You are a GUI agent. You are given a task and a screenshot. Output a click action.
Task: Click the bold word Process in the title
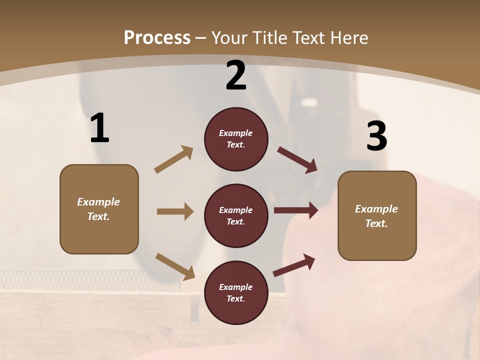click(157, 37)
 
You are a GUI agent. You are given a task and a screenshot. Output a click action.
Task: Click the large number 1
click(99, 128)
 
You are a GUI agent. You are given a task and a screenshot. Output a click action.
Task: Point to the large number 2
click(236, 76)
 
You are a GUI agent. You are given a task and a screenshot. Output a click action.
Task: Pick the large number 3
click(376, 136)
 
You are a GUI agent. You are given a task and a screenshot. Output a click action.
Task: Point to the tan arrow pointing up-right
click(173, 159)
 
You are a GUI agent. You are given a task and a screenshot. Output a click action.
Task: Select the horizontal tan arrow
click(175, 211)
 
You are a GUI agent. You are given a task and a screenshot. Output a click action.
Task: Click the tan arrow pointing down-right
click(175, 266)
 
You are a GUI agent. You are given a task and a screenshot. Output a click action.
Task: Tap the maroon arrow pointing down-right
click(297, 160)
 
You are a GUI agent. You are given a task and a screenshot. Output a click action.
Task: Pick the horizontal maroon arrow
click(296, 210)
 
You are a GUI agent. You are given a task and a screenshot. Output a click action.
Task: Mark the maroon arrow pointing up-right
click(294, 265)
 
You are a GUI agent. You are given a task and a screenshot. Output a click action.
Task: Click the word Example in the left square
click(98, 202)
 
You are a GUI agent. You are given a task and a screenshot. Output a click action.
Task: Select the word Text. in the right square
click(376, 223)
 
